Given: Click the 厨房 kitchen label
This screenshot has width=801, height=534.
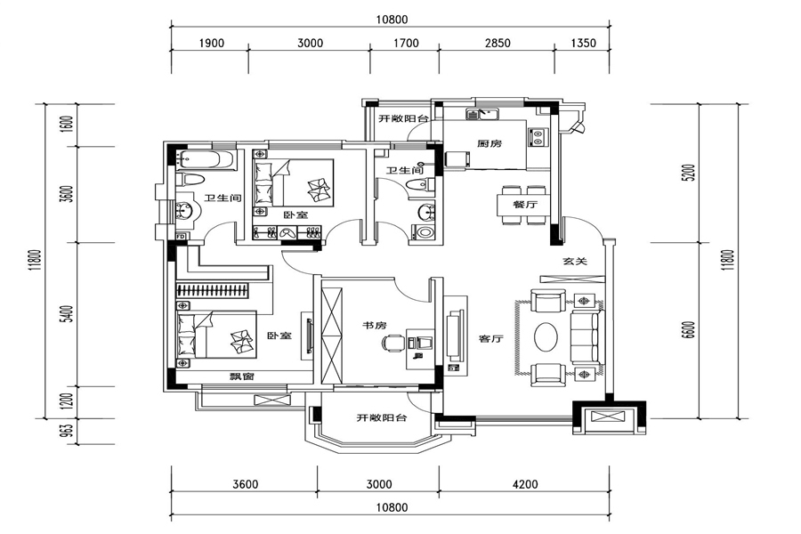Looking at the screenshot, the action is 489,143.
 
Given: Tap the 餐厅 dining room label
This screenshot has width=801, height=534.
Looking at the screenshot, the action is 525,205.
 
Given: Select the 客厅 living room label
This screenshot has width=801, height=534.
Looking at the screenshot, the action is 491,338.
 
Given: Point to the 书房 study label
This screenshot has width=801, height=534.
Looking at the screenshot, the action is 375,325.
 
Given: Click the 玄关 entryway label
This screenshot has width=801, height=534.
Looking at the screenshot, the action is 575,261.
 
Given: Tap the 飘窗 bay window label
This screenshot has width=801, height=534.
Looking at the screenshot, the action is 241,376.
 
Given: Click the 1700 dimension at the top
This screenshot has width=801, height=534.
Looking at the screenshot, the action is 406,43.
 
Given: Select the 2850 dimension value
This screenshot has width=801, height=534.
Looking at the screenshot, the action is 497,43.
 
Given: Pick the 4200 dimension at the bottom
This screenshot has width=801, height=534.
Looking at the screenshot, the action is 524,484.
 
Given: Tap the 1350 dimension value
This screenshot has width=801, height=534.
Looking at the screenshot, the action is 583,43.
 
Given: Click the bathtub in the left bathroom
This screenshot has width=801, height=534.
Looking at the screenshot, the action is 206,160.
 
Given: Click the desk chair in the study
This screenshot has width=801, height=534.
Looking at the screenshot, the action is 392,342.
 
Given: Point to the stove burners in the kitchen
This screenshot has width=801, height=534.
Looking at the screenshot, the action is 538,136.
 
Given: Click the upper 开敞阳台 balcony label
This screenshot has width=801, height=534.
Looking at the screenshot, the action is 403,118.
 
